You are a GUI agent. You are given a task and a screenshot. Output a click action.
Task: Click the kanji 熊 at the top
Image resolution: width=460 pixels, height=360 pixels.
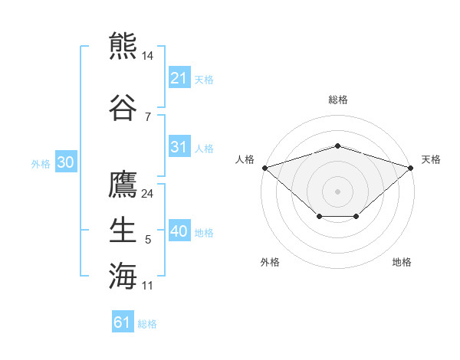123,45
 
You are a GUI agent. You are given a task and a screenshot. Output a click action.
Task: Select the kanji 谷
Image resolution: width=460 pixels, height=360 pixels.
123,107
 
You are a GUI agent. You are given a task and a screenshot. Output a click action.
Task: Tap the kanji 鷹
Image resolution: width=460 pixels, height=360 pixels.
123,184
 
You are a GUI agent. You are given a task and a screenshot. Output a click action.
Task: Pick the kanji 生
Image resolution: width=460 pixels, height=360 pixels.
123,230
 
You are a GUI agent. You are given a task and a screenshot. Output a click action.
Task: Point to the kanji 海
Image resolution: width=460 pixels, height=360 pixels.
123,276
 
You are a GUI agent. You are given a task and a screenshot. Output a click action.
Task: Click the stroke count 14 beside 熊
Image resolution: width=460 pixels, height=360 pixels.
147,56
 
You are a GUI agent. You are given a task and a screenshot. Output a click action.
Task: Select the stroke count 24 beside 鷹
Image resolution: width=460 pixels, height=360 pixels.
147,194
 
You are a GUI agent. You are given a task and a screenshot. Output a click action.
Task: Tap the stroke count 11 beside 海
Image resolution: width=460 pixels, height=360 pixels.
147,286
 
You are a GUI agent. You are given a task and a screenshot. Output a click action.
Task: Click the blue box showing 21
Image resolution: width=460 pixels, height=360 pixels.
180,77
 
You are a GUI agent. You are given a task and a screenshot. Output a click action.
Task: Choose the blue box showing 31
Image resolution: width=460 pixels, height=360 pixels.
180,146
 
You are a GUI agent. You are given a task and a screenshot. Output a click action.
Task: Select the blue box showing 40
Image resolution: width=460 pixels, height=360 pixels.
180,230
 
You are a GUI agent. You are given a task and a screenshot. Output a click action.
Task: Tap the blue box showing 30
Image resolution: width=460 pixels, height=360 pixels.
66,162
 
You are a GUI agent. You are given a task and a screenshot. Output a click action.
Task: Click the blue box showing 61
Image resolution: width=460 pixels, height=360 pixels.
123,321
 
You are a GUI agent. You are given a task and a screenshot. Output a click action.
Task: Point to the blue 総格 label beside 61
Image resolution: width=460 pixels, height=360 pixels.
147,324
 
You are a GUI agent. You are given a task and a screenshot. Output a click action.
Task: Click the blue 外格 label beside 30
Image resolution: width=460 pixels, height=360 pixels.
41,164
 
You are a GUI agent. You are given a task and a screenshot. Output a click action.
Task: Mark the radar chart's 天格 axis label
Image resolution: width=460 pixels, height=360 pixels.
431,159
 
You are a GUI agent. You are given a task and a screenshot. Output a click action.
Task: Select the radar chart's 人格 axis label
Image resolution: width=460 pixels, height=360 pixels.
245,159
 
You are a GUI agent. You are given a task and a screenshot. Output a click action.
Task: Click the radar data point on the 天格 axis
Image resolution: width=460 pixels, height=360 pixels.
411,168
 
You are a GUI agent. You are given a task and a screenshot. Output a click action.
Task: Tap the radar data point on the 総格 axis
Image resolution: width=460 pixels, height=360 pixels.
337,146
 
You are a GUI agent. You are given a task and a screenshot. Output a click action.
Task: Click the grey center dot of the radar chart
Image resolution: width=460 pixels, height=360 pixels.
337,191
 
